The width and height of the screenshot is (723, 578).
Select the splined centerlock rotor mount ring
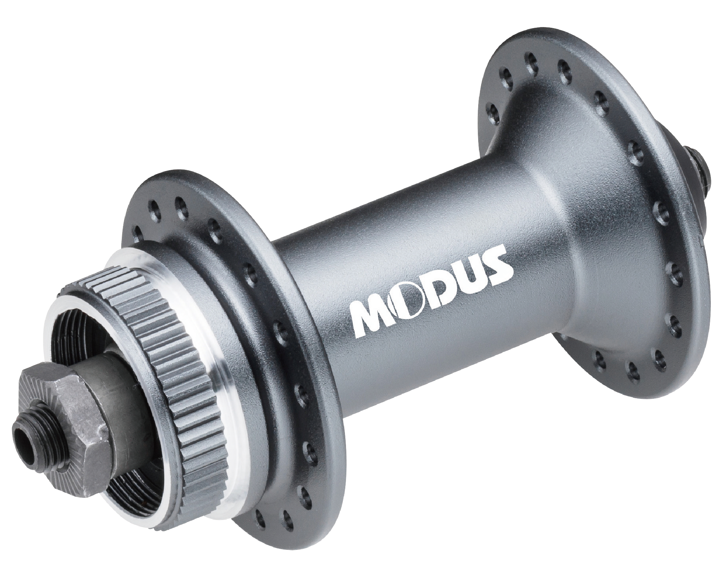coord(178,356)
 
